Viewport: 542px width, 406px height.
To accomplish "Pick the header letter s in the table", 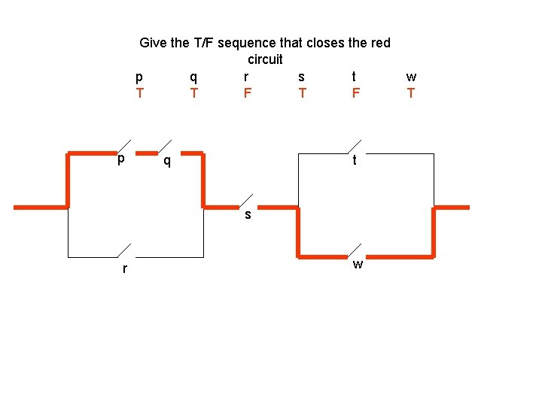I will [302, 77].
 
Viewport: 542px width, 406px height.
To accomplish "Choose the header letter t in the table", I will [355, 76].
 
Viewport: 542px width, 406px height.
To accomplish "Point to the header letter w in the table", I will [411, 77].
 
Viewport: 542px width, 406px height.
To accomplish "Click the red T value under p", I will [139, 93].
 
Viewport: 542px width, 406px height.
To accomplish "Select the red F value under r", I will [247, 93].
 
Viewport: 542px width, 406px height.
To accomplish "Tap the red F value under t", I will [355, 93].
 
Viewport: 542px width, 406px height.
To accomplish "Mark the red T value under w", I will [410, 93].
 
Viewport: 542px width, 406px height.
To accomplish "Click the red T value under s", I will [302, 93].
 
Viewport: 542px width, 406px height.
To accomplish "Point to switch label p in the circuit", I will [120, 160].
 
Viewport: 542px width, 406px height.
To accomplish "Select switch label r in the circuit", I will [125, 268].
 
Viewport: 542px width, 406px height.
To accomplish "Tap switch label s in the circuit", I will [247, 216].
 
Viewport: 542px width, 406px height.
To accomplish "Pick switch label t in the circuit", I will [355, 160].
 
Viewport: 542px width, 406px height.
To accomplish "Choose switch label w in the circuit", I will [358, 264].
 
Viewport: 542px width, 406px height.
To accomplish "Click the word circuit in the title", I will [265, 59].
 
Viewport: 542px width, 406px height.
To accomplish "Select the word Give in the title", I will [154, 43].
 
